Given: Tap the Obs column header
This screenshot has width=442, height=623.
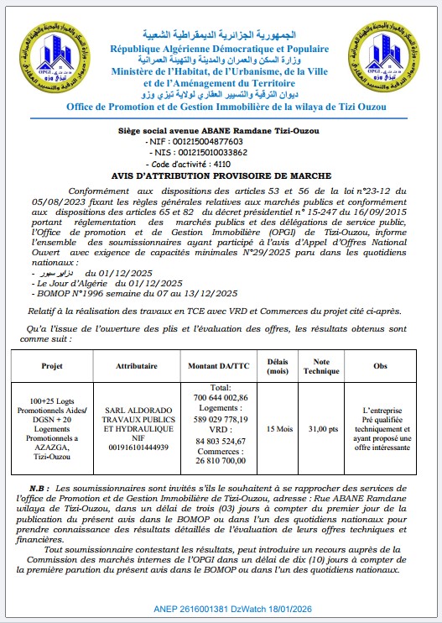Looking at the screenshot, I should tap(380, 367).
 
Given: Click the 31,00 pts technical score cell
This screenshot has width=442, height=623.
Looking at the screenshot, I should tap(322, 428).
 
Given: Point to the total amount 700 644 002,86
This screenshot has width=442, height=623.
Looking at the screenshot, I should tap(221, 397).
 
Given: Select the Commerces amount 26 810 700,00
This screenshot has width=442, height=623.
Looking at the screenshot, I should tap(221, 461).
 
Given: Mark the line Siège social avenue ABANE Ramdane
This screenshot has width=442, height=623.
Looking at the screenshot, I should tap(221, 131).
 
